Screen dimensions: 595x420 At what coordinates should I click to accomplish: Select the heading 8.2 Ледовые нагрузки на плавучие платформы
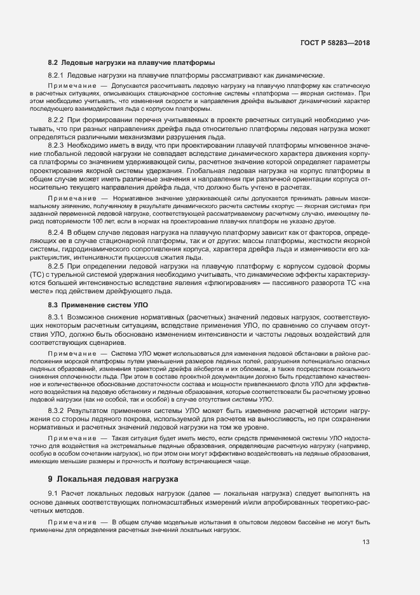[132, 63]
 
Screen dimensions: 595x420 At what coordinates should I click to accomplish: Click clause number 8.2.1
[56, 75]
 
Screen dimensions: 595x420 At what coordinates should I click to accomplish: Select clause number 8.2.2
[56, 120]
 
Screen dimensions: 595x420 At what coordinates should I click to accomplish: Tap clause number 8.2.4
[56, 234]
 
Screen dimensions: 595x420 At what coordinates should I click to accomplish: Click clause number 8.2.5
[56, 265]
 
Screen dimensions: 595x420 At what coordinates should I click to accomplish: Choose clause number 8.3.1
[56, 316]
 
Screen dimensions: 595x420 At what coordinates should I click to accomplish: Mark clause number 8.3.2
[56, 411]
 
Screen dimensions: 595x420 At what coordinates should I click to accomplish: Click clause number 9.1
[53, 493]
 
